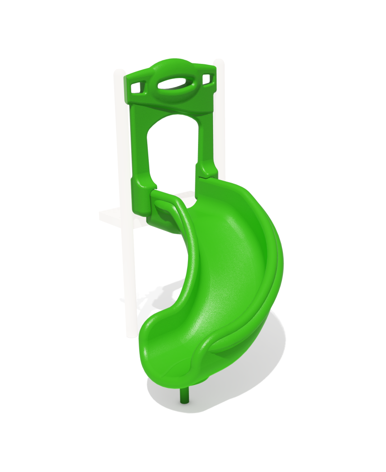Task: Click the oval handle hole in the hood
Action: pyautogui.click(x=171, y=85)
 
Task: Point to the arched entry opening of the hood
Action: pyautogui.click(x=171, y=151)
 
